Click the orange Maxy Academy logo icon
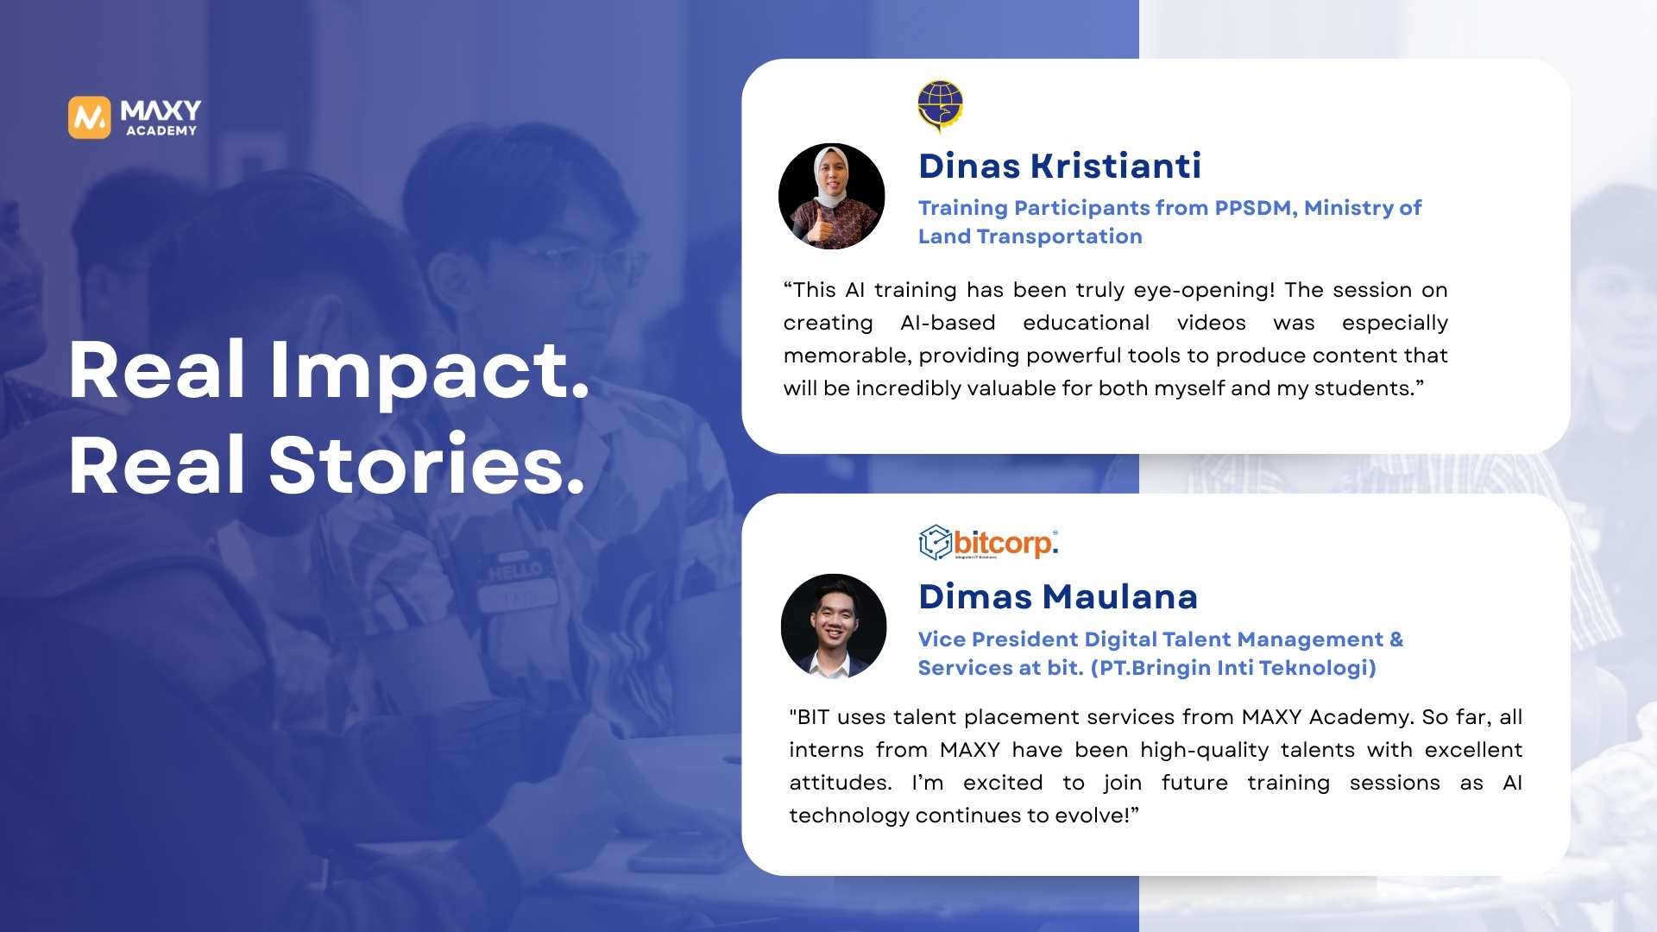90,117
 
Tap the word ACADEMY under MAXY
161,131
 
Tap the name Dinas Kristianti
1060,166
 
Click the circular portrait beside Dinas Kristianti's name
832,197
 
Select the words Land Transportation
1030,236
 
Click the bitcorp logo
988,543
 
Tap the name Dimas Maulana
1058,597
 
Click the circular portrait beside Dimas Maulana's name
834,627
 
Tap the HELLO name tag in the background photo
515,570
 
